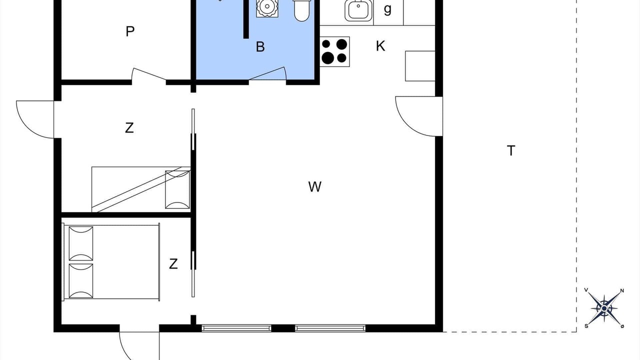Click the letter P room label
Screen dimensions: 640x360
pyautogui.click(x=130, y=31)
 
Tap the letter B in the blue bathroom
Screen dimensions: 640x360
pyautogui.click(x=260, y=47)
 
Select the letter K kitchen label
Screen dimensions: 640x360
pyautogui.click(x=380, y=46)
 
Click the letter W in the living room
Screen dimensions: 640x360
pyautogui.click(x=315, y=187)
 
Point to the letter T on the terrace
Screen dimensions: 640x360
pyautogui.click(x=511, y=150)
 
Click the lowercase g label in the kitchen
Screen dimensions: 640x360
pyautogui.click(x=387, y=9)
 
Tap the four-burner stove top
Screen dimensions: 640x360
pyautogui.click(x=334, y=51)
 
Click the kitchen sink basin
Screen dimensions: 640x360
pyautogui.click(x=358, y=10)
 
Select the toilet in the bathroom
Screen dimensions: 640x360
pyautogui.click(x=302, y=10)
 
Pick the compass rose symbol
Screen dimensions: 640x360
pyautogui.click(x=604, y=308)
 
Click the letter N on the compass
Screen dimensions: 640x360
pyautogui.click(x=622, y=291)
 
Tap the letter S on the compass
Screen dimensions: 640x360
pyautogui.click(x=586, y=326)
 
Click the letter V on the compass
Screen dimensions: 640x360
pyautogui.click(x=586, y=290)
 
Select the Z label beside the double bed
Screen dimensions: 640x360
pyautogui.click(x=173, y=264)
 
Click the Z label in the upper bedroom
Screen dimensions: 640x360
pyautogui.click(x=129, y=128)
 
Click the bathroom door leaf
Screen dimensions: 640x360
pyautogui.click(x=267, y=73)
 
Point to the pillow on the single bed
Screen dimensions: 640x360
pyautogui.click(x=177, y=189)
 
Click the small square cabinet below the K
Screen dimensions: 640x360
pyautogui.click(x=420, y=66)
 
